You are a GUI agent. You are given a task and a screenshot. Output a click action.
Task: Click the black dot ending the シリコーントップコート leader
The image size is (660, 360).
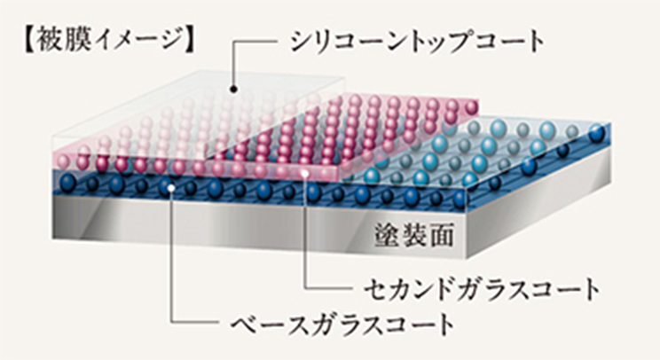pyautogui.click(x=233, y=89)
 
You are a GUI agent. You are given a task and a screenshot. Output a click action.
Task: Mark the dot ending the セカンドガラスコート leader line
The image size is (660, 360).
pyautogui.click(x=305, y=176)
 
